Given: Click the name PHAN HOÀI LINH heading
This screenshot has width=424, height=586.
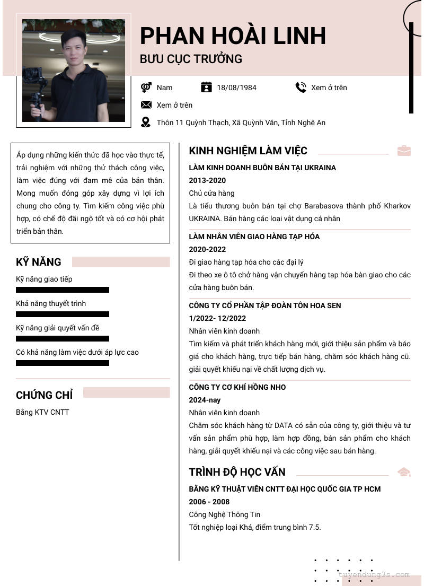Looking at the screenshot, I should [233, 36].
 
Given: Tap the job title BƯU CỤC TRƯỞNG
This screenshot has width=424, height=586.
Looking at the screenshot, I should [191, 59].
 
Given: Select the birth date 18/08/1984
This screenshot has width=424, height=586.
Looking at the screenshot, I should [236, 88].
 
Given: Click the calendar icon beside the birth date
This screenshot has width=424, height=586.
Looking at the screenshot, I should [207, 88].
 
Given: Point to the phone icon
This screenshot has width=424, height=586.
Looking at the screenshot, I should [301, 88].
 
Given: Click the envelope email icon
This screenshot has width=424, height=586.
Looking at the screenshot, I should [146, 104].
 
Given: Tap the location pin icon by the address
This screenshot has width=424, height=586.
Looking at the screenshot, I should [146, 123].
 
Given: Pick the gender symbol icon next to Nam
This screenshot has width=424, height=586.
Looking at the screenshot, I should [146, 88].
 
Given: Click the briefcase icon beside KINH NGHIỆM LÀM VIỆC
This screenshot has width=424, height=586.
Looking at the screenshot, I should [404, 151].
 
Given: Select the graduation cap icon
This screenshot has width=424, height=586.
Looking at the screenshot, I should [404, 472].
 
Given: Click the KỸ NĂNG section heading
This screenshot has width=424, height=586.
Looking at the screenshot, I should [39, 262].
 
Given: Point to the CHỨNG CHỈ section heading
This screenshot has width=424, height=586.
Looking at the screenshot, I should [45, 395].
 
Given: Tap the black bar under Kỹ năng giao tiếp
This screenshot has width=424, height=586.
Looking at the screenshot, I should [63, 290].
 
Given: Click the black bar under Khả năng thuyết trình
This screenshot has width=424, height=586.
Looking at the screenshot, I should [63, 314].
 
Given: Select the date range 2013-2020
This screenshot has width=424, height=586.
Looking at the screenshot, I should [207, 180].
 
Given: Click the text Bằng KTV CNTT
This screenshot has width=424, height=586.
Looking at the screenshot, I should [42, 412].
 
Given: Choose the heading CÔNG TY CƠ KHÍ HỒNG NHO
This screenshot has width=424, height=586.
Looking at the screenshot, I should [237, 387].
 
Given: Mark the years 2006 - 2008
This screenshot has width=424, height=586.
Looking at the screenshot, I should [209, 502].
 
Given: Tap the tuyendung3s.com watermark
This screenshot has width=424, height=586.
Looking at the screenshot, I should [374, 574].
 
